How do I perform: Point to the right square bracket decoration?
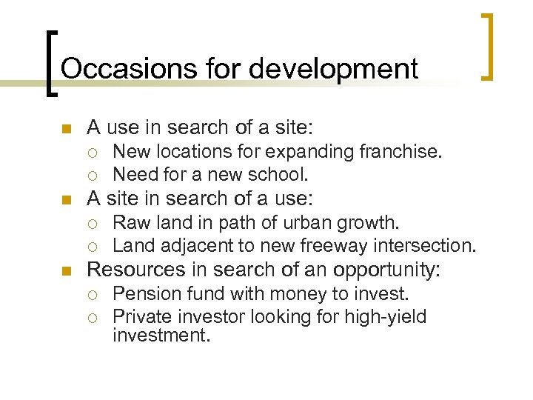(x=486, y=46)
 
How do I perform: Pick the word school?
(x=282, y=175)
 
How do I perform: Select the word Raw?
(x=130, y=223)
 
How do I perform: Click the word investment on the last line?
(x=161, y=336)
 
